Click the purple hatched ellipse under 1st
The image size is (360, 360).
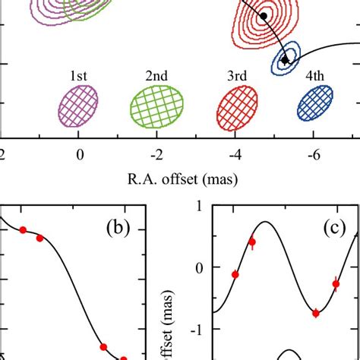click(78, 105)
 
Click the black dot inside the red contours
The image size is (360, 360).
click(264, 16)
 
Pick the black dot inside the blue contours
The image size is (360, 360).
click(285, 60)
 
